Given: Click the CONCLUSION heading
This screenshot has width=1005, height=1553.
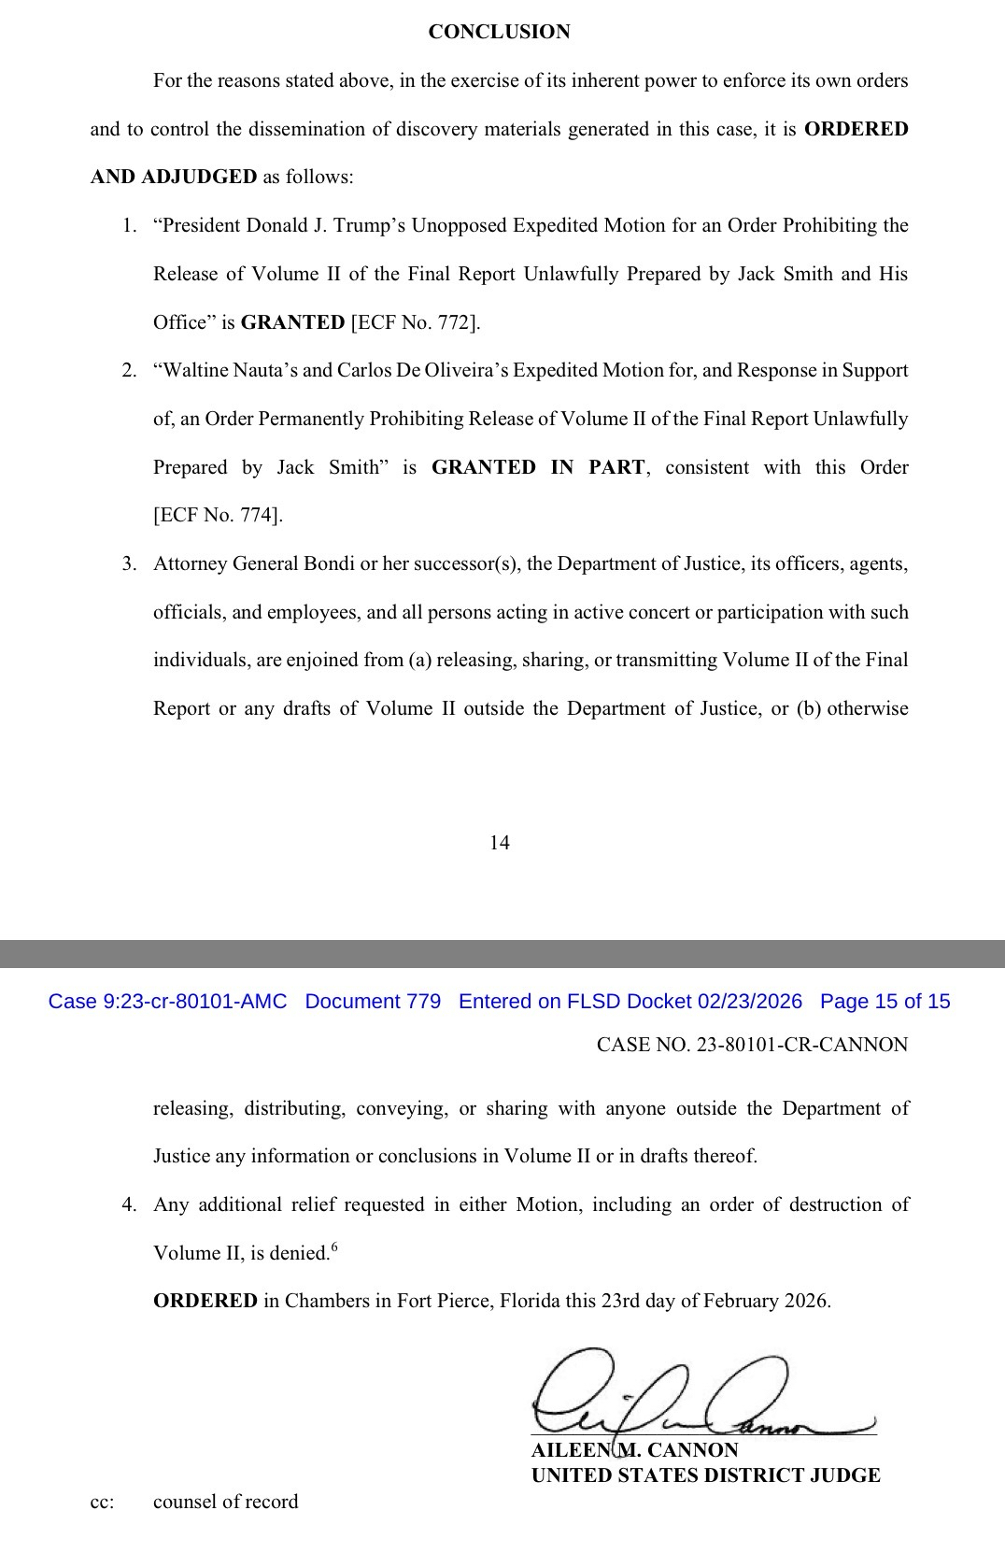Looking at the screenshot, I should pyautogui.click(x=499, y=32).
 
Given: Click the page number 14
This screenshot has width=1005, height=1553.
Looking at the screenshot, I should pyautogui.click(x=500, y=843).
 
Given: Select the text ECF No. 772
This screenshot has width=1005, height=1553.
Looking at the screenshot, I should pyautogui.click(x=415, y=322).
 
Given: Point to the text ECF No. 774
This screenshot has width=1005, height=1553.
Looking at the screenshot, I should pyautogui.click(x=217, y=515).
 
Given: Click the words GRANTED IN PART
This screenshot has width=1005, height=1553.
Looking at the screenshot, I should pyautogui.click(x=537, y=467).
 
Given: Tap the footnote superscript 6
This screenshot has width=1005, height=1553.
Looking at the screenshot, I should pyautogui.click(x=334, y=1247).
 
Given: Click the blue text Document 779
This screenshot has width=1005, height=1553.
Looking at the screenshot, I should pyautogui.click(x=373, y=1002).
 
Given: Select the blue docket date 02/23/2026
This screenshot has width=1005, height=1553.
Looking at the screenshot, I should pyautogui.click(x=749, y=1002).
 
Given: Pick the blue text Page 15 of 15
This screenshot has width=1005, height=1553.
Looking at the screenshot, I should pyautogui.click(x=885, y=1002).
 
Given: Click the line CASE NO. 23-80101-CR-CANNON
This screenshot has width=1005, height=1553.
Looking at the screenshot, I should pyautogui.click(x=752, y=1045).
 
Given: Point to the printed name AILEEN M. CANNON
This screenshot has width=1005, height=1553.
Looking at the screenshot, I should pyautogui.click(x=634, y=1450).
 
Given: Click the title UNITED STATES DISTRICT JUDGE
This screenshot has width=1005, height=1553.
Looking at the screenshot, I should pyautogui.click(x=705, y=1475).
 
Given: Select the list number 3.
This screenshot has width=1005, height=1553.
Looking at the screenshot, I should pyautogui.click(x=130, y=564).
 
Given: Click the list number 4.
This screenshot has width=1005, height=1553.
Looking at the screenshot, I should pyautogui.click(x=130, y=1204).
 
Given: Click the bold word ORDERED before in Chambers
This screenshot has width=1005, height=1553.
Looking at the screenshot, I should pyautogui.click(x=205, y=1301).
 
